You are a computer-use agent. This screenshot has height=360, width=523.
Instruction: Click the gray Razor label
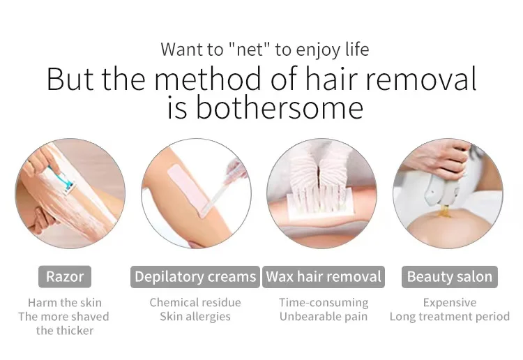coord(65,277)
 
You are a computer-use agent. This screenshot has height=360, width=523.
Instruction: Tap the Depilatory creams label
coord(195,277)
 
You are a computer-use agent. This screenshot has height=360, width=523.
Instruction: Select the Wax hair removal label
coord(324,277)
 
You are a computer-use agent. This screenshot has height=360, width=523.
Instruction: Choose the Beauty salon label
coord(450,277)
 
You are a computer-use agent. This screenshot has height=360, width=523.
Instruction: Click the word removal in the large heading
coord(422,79)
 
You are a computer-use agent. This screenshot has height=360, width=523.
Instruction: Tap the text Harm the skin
coord(65,303)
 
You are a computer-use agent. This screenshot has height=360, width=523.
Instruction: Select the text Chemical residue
coord(195,303)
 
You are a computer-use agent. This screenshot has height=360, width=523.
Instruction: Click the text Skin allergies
coord(195,317)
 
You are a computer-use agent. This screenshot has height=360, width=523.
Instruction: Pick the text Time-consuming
coord(324,303)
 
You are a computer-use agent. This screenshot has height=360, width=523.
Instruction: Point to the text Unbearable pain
coord(324,317)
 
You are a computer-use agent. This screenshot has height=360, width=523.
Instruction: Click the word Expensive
coord(450,303)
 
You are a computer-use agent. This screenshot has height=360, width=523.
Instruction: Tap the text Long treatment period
coord(450,317)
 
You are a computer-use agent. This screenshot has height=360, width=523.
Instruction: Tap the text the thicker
coord(65,331)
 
